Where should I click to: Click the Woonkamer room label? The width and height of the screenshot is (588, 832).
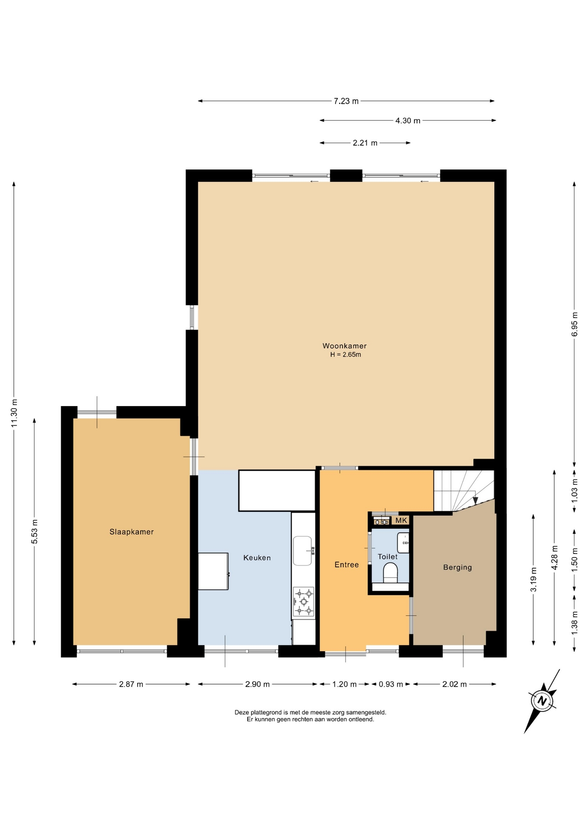coord(344,346)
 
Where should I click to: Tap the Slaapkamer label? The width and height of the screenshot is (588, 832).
coord(132,532)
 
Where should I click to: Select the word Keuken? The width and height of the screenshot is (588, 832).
coord(257,558)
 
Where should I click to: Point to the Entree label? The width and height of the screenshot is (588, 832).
coord(347,565)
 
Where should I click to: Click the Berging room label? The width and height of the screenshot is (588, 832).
coord(458,567)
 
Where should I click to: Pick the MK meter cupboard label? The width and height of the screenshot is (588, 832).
coord(401,520)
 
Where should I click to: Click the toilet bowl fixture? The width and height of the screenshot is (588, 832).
coord(391,573)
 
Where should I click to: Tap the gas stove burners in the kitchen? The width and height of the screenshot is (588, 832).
coord(304,601)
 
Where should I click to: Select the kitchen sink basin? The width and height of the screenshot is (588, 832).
coord(302,550)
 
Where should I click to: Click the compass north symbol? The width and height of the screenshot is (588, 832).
coord(541,701)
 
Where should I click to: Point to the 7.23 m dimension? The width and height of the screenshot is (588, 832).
coord(346,101)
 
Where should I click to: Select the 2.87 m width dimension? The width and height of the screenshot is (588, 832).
coord(131,684)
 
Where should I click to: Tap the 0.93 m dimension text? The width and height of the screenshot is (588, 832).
coord(391,684)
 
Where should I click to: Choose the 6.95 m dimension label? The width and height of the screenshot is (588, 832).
coord(575,324)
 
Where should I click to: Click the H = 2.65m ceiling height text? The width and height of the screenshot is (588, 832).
coord(346,354)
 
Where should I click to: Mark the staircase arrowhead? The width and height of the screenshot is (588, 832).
coord(475,500)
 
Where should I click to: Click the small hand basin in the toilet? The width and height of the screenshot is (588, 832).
coord(403,543)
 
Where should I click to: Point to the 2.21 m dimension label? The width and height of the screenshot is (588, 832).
coord(365,143)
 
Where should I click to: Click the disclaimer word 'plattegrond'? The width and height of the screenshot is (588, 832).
coord(266,712)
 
